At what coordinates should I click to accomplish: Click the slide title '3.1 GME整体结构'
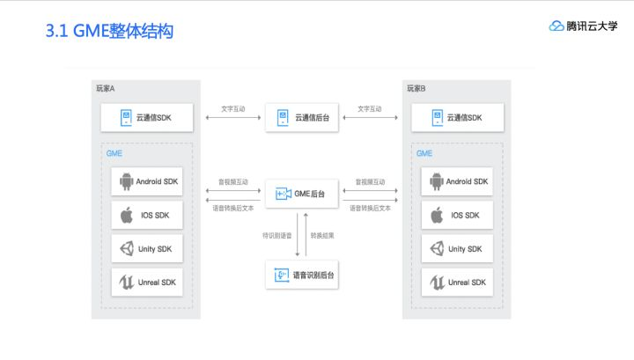click(x=108, y=32)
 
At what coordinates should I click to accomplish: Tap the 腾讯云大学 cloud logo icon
click(x=557, y=26)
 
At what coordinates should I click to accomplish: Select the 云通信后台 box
click(x=301, y=117)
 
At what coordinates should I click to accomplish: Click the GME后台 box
click(x=301, y=193)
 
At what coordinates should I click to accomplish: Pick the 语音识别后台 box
click(x=301, y=276)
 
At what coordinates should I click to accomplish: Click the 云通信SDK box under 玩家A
click(x=146, y=117)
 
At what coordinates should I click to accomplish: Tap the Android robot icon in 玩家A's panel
click(x=126, y=182)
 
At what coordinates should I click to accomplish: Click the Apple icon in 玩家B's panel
click(x=436, y=216)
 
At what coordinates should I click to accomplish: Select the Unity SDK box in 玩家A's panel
click(x=147, y=249)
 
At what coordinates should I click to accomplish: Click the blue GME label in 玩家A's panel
click(x=114, y=153)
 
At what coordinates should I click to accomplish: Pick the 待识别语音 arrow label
click(x=278, y=235)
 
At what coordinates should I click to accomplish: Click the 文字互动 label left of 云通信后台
click(x=233, y=109)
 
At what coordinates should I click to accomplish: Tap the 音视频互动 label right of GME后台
click(x=370, y=183)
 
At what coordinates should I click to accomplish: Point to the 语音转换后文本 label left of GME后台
click(x=233, y=209)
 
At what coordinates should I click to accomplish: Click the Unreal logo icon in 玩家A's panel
click(x=126, y=283)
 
